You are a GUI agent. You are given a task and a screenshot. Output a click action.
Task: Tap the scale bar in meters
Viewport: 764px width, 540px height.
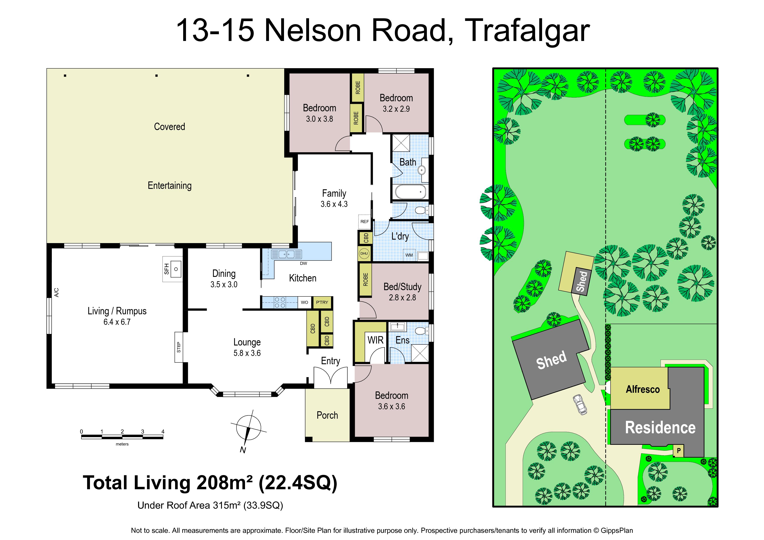122,437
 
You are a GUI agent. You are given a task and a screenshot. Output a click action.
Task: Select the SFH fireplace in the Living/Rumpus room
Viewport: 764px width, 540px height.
172,269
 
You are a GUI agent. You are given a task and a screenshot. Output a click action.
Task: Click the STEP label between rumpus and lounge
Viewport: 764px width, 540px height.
179,347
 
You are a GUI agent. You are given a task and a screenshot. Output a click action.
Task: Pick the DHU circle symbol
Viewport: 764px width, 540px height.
364,254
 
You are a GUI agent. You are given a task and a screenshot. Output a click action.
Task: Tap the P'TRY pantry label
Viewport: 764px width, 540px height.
322,302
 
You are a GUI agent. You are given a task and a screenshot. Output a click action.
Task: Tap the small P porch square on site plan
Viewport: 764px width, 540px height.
678,451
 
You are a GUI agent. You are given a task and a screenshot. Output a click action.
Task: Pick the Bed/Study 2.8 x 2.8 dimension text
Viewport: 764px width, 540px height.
402,298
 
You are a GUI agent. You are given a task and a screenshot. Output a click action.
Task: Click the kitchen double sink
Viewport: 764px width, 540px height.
287,254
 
